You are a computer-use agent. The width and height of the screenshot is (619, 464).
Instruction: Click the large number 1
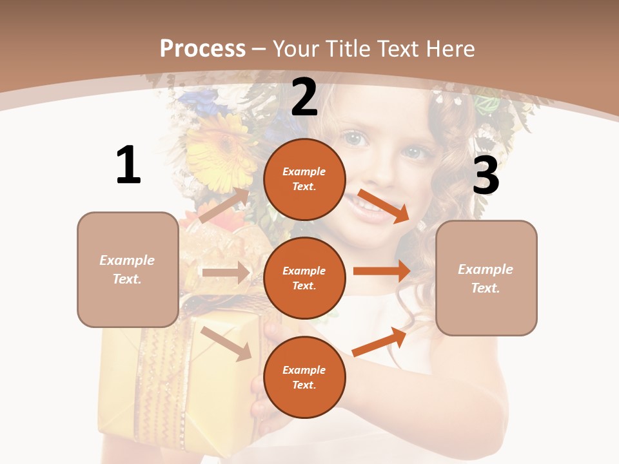click(x=128, y=166)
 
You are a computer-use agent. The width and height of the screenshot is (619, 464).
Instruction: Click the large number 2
click(x=304, y=97)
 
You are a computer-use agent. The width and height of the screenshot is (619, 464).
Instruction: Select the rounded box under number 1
click(x=128, y=269)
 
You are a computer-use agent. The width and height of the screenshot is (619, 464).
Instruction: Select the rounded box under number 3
click(x=486, y=278)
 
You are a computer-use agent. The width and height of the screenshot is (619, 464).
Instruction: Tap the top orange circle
click(x=304, y=179)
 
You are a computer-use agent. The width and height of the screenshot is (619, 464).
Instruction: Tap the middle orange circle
click(x=304, y=278)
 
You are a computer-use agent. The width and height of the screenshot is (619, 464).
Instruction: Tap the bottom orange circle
click(x=304, y=377)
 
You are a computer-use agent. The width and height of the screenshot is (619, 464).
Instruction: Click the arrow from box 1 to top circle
click(x=224, y=206)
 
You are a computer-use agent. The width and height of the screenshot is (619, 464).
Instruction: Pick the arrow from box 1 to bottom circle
click(x=226, y=343)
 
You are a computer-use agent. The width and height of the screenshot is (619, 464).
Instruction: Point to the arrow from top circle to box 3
click(x=384, y=206)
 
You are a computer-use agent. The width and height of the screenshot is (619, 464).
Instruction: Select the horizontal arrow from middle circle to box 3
click(x=382, y=271)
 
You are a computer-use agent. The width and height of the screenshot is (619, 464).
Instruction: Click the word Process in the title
click(x=202, y=48)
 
